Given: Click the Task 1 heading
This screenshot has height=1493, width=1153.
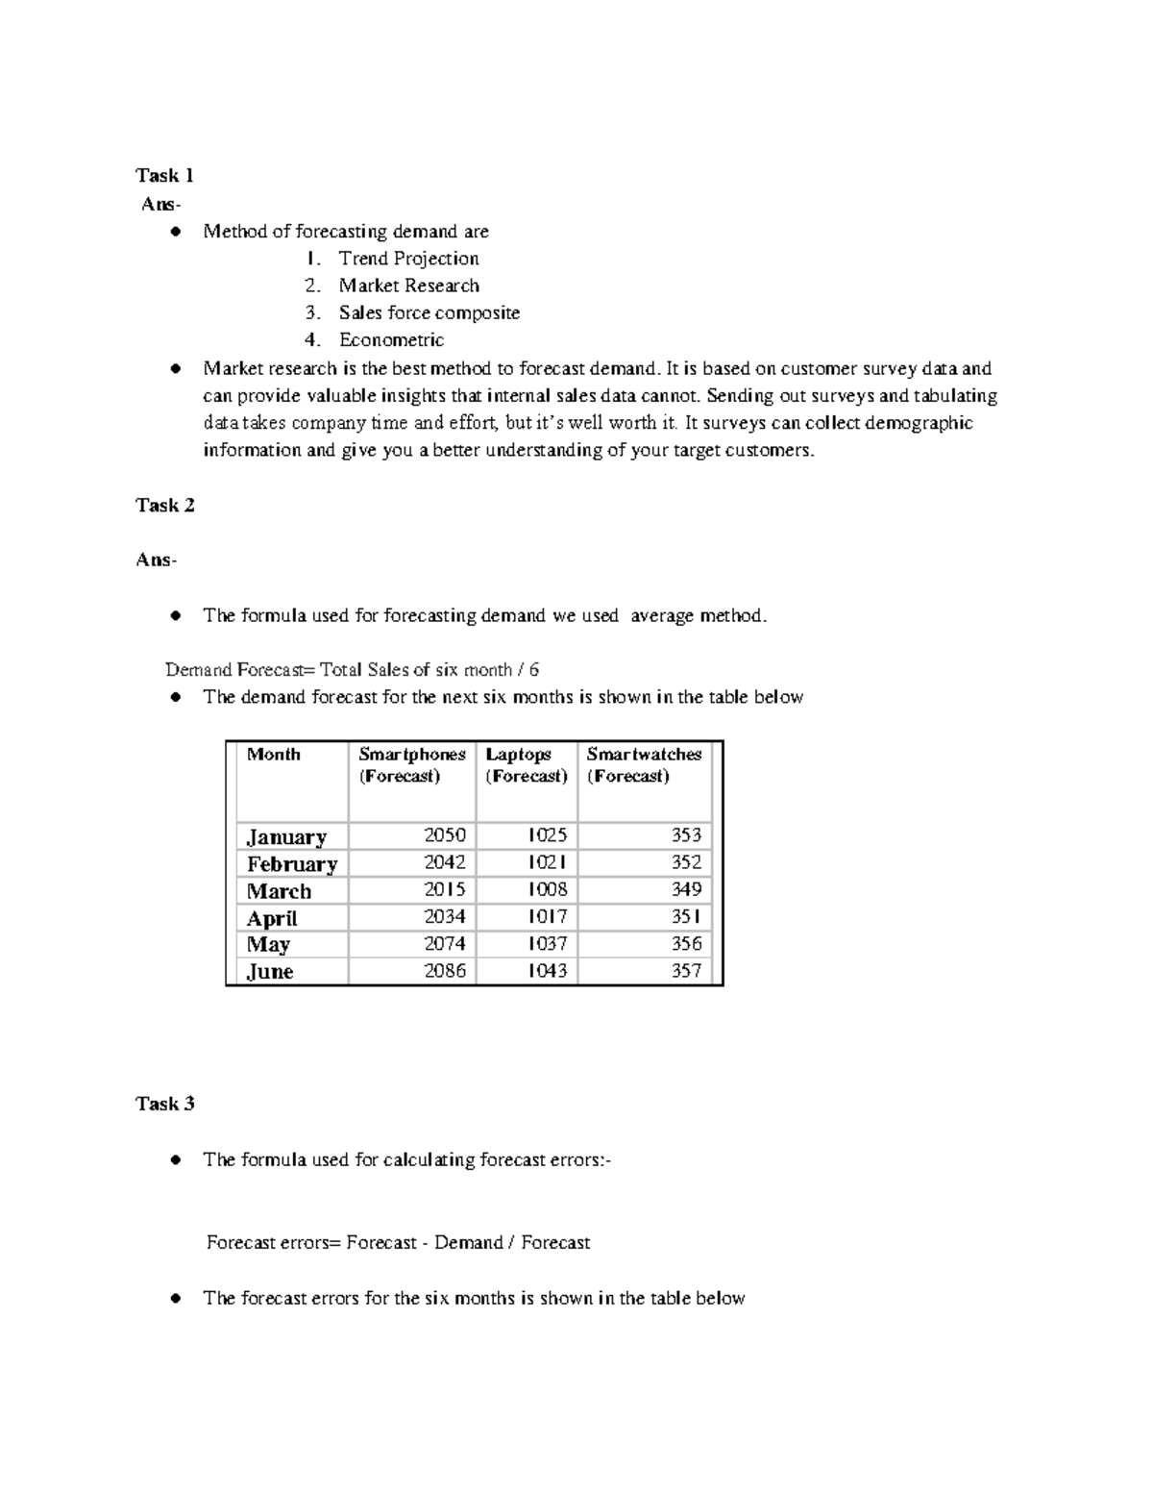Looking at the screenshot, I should [x=165, y=175].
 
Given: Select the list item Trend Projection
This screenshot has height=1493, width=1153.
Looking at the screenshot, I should [x=408, y=259].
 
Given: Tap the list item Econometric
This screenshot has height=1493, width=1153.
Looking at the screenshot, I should [x=391, y=339].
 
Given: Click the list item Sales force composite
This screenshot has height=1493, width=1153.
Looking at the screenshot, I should [x=429, y=312].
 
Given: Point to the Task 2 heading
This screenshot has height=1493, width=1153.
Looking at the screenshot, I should [x=165, y=506].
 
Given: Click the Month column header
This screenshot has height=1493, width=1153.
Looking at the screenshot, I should [x=274, y=755].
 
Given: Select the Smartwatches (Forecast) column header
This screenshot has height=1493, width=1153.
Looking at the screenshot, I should [x=644, y=765].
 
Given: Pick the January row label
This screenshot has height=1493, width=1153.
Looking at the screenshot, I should [x=286, y=836].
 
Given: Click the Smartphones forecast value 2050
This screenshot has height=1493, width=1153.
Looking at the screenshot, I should [x=445, y=835].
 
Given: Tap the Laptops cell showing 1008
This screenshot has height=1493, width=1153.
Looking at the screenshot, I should [x=547, y=889].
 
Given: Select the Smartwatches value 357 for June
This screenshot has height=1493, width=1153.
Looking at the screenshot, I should [x=686, y=971].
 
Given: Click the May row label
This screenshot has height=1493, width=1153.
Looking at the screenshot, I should [x=268, y=944].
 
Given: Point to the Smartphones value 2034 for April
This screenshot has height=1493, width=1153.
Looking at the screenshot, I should [x=445, y=917].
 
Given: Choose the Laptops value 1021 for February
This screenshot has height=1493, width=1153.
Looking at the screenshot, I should [x=547, y=862].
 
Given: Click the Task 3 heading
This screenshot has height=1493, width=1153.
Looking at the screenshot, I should [x=165, y=1104].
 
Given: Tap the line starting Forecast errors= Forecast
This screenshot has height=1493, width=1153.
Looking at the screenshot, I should [x=398, y=1243].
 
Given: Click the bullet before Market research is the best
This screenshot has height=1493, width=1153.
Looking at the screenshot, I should [x=176, y=368].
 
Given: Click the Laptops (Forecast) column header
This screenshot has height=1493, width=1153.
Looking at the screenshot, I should [x=526, y=765].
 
